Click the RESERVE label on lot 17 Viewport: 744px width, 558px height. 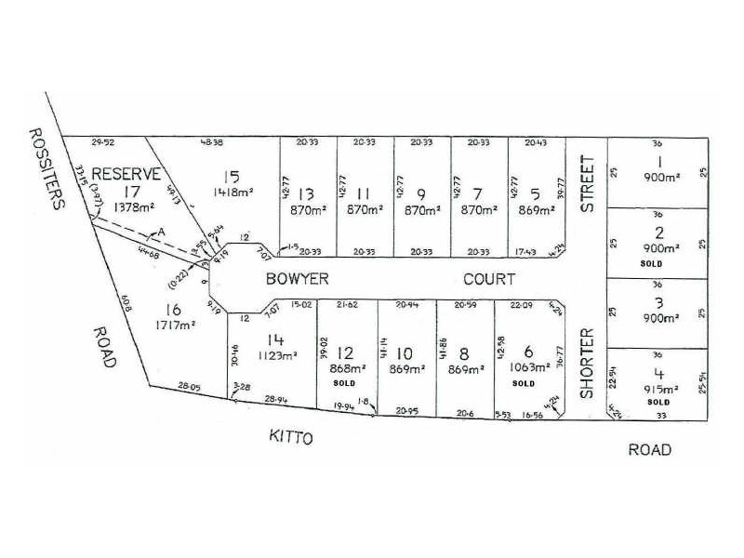(x=129, y=173)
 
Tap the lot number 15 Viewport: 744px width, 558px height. (x=232, y=176)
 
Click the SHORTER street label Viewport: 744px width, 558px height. (x=587, y=363)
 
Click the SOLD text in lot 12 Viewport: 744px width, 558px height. (x=345, y=382)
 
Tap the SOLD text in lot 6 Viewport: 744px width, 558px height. (x=523, y=382)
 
